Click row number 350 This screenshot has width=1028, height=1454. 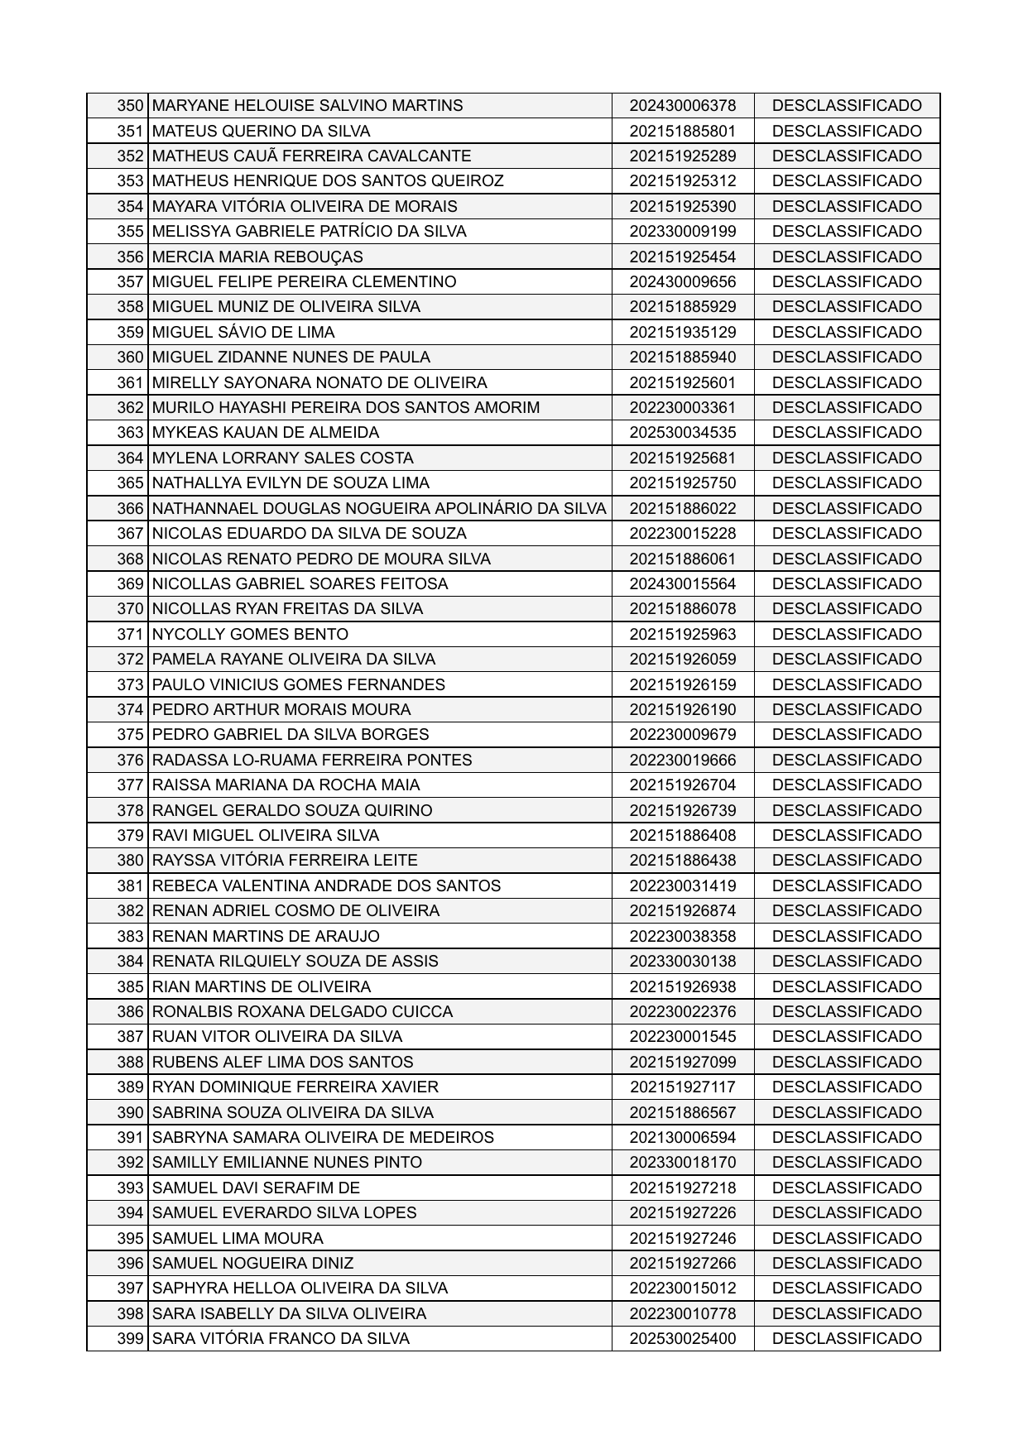[x=131, y=106]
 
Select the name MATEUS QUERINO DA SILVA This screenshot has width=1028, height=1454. [x=262, y=132]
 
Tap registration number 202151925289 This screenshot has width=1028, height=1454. [x=682, y=156]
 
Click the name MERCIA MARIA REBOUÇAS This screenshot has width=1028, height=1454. [x=257, y=257]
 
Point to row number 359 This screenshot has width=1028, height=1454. [x=131, y=333]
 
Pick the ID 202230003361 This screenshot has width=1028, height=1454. [x=682, y=408]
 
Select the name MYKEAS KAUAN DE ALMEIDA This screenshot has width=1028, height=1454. [x=266, y=433]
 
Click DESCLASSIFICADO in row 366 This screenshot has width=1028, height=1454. [x=846, y=509]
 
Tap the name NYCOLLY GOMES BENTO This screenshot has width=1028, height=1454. [x=250, y=635]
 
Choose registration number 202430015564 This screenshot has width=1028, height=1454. [x=682, y=584]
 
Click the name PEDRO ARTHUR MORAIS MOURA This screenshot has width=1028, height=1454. [x=281, y=710]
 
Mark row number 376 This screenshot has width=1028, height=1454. [x=131, y=761]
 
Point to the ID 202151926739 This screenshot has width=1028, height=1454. [x=682, y=811]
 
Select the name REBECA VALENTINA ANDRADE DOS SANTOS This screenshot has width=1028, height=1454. [x=326, y=886]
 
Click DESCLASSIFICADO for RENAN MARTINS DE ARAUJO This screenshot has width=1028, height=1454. [x=846, y=937]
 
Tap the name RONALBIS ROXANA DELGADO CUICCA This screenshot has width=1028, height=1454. [x=302, y=1012]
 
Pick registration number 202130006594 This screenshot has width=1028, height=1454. [x=682, y=1138]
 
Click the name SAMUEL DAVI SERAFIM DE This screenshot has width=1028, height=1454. [x=256, y=1188]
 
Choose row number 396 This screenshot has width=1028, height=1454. [x=131, y=1264]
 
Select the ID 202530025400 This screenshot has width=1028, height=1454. [x=682, y=1339]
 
